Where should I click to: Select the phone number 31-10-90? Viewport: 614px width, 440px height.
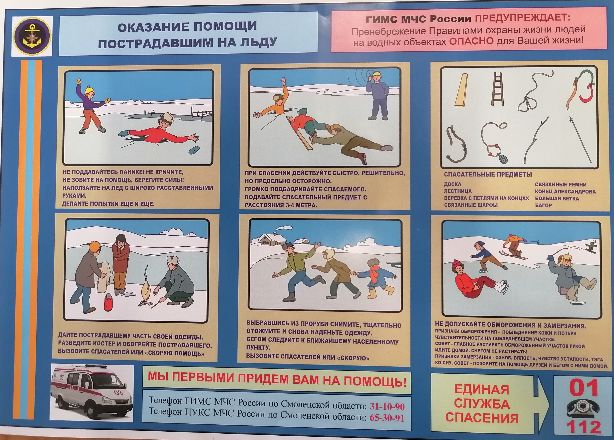(x=387, y=407)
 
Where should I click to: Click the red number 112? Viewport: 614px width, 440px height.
(x=584, y=427)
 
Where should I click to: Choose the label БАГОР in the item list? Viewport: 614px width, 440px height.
(x=543, y=205)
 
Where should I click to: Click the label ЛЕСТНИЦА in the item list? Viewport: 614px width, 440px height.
(x=458, y=191)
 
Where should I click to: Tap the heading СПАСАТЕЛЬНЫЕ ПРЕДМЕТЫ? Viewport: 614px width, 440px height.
(x=488, y=174)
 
